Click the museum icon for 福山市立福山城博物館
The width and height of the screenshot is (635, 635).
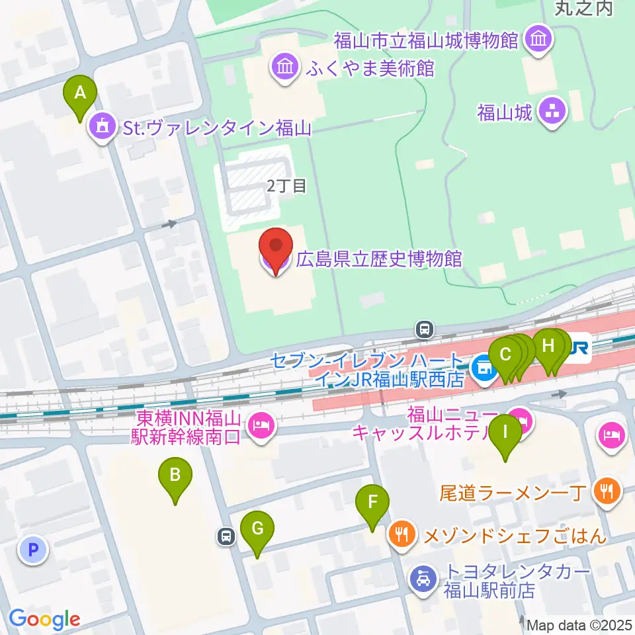(537, 40)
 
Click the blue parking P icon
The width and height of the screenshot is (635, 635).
(32, 549)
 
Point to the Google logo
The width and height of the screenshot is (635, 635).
(44, 619)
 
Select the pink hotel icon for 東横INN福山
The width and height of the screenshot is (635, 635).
(262, 427)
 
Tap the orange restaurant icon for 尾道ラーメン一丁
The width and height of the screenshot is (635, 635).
(607, 491)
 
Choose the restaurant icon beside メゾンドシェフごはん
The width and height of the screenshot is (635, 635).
(403, 533)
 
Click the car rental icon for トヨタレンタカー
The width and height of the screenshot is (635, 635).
(423, 580)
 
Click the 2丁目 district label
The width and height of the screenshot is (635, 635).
(286, 187)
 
